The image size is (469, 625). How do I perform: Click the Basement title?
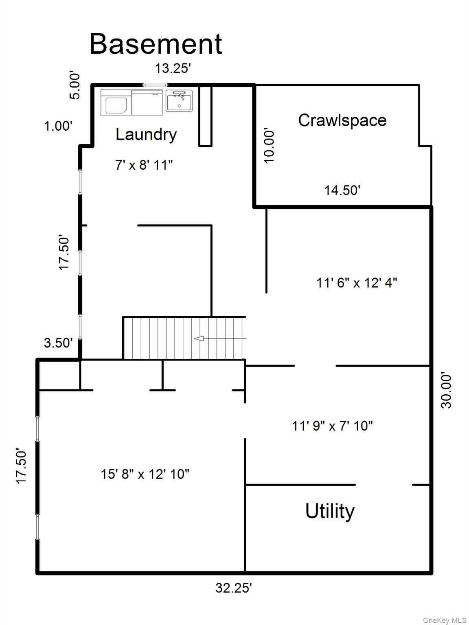click(156, 44)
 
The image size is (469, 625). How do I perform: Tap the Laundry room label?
click(146, 135)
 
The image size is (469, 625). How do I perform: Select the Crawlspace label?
click(342, 120)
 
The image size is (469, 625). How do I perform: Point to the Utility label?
click(330, 511)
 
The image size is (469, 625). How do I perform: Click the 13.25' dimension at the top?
click(173, 68)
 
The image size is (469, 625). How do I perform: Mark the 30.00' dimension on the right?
click(446, 391)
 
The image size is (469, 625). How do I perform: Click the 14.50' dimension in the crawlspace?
click(342, 190)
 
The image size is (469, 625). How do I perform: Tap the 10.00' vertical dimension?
click(269, 145)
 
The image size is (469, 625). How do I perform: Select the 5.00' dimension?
click(75, 86)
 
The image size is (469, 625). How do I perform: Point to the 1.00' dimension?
click(58, 126)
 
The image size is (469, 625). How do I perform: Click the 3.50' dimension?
click(58, 343)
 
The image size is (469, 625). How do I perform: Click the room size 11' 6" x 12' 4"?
click(357, 283)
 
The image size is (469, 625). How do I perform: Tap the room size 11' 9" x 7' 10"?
click(332, 426)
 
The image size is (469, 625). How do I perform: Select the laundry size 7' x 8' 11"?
click(144, 165)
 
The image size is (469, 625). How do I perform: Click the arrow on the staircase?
click(220, 339)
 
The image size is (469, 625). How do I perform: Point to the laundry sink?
click(179, 101)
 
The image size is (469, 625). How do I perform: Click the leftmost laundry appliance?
click(116, 103)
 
